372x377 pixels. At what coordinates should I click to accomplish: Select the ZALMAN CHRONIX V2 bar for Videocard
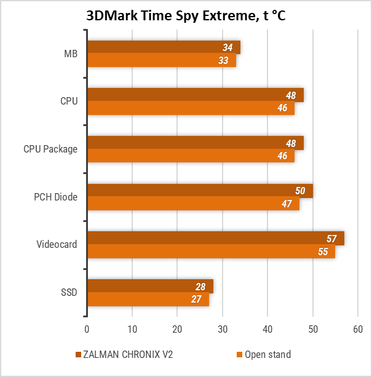click(215, 239)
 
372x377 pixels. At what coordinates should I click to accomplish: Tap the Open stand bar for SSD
click(148, 300)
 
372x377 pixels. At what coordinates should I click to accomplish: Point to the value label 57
click(332, 239)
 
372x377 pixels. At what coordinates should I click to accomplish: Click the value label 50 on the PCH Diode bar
click(300, 191)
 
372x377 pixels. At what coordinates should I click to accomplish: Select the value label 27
click(196, 300)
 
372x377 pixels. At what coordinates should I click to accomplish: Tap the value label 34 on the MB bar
click(228, 47)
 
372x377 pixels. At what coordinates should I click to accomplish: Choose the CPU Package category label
click(50, 149)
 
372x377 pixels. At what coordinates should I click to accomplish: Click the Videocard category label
click(57, 245)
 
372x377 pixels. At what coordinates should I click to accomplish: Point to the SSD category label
click(68, 293)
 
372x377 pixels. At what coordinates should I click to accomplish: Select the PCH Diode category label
click(55, 197)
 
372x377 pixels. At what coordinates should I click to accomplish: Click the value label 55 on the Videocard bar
click(323, 252)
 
